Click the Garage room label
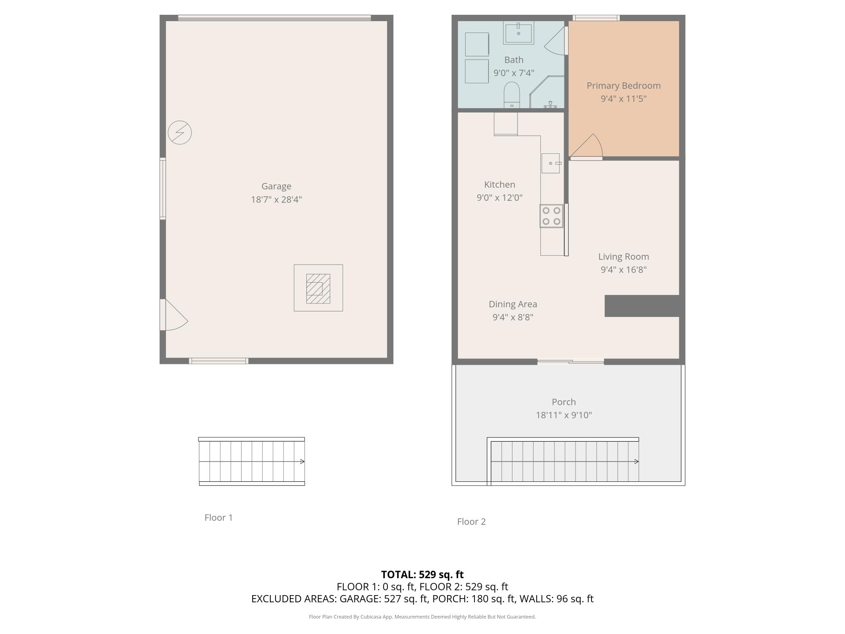click(276, 186)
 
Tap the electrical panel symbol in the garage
click(180, 132)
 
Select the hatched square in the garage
click(318, 288)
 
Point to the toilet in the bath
click(512, 95)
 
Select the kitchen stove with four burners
click(551, 216)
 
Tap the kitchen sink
click(551, 163)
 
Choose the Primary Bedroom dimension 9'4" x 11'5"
click(624, 99)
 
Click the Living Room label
click(624, 257)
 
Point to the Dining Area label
click(513, 304)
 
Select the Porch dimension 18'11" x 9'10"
click(564, 415)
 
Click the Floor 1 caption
click(218, 518)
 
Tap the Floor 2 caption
click(472, 522)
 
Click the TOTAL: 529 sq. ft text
click(422, 575)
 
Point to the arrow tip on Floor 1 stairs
click(304, 462)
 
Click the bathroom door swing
click(555, 41)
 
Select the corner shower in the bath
click(547, 92)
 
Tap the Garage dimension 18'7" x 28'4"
click(276, 199)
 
